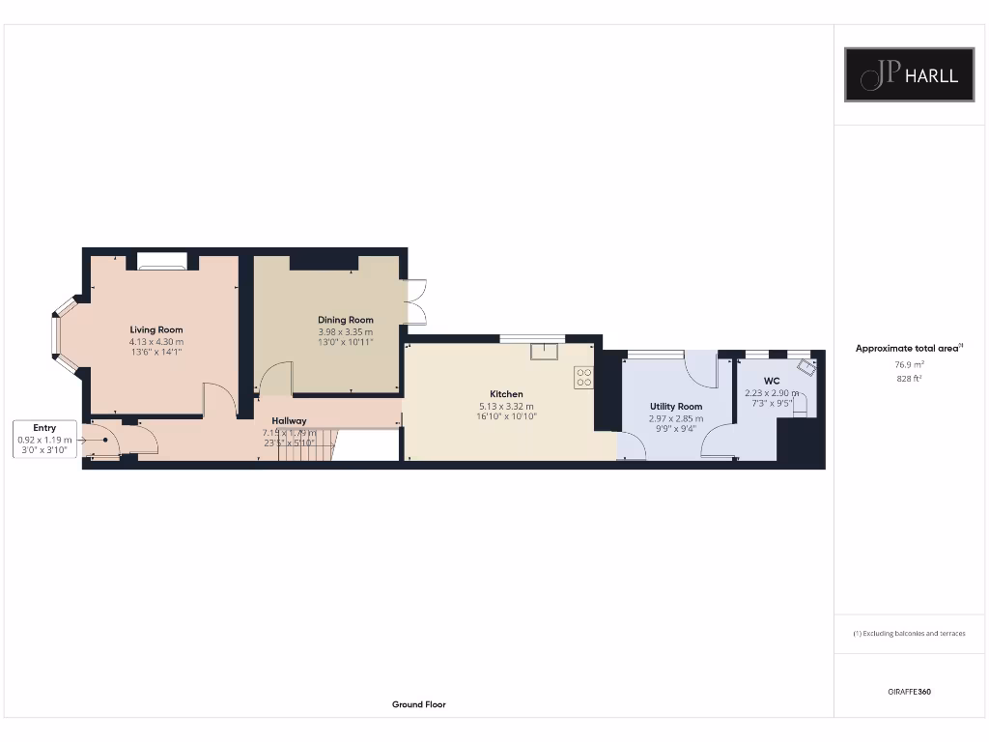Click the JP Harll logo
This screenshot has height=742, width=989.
(x=909, y=75)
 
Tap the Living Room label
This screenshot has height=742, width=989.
(x=156, y=330)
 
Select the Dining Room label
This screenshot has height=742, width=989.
(x=346, y=320)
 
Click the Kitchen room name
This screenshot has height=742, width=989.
(x=506, y=394)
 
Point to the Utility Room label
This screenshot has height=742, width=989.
(x=676, y=407)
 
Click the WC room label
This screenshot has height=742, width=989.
(x=771, y=382)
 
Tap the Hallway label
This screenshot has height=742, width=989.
(x=289, y=421)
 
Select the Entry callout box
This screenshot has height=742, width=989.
(x=44, y=439)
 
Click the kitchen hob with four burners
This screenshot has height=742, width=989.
(x=583, y=378)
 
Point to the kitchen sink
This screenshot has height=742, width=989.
(x=544, y=350)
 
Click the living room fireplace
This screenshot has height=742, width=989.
(x=161, y=261)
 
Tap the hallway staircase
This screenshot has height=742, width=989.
(x=307, y=445)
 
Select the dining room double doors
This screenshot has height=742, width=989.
(x=416, y=301)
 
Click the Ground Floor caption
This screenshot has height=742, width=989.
(x=418, y=704)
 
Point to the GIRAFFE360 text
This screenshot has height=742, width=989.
(x=909, y=692)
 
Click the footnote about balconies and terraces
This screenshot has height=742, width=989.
(x=909, y=634)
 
